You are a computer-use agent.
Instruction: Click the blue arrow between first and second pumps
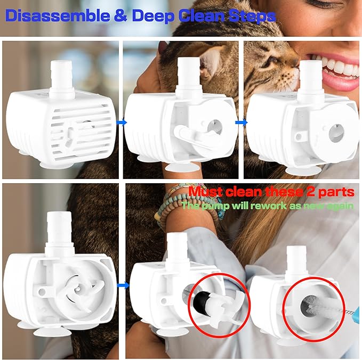[x=120, y=123]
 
